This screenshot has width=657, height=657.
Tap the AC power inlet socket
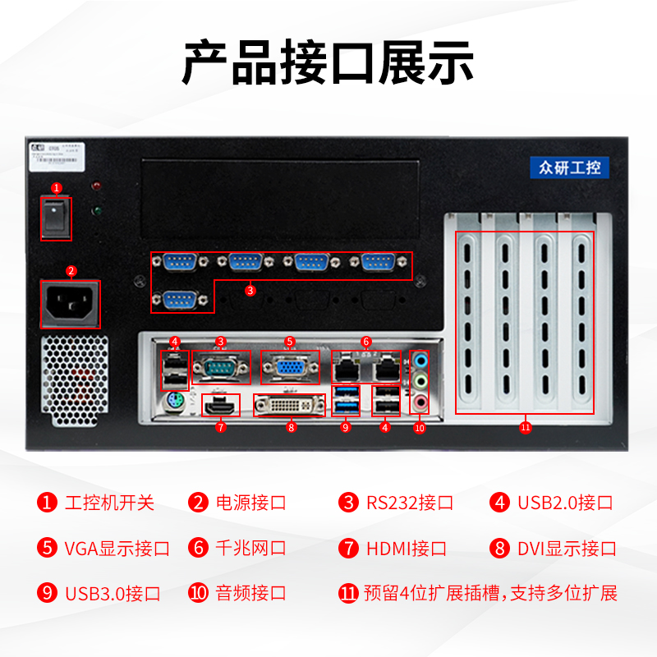[x=71, y=304]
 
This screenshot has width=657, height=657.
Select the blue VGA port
[x=289, y=367]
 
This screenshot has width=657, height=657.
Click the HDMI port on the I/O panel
[x=220, y=405]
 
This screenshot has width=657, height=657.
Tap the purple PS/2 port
[x=172, y=402]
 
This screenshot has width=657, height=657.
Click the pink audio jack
[x=420, y=402]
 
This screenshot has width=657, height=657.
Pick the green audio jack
[x=420, y=380]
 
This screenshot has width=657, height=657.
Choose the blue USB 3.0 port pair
[x=347, y=398]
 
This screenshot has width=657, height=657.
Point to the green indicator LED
[x=97, y=211]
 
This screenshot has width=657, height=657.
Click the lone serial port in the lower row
[x=181, y=300]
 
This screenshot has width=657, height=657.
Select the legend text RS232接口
[x=409, y=503]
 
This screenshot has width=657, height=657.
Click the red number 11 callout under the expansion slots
[x=526, y=427]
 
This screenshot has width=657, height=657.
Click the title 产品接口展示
[x=328, y=63]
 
